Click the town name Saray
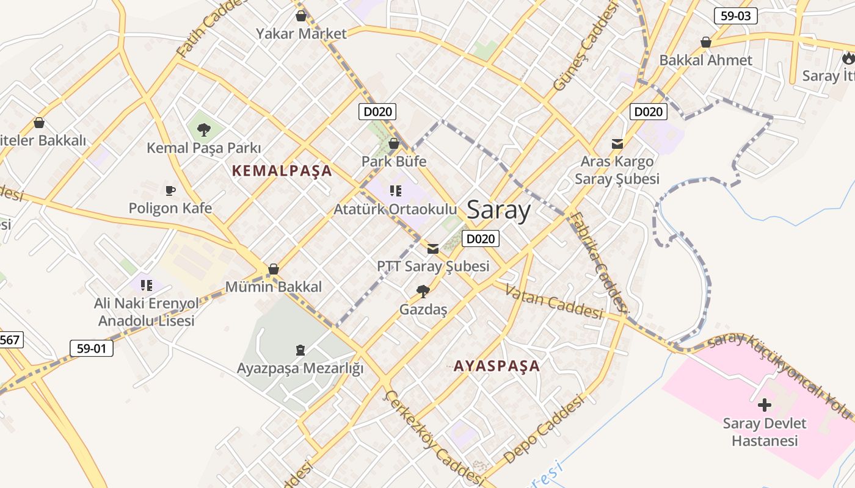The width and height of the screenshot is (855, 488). pos(498,210)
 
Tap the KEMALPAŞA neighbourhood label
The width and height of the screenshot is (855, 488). pos(282,171)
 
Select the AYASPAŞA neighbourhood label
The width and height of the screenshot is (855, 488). pos(497,366)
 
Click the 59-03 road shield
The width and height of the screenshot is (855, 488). pos(735,16)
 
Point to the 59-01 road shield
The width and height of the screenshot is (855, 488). pos(92,348)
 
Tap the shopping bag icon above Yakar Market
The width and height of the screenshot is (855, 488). pos(300,16)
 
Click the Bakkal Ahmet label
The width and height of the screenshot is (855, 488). pos(706,60)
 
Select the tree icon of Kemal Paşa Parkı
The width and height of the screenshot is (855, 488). pos(204,129)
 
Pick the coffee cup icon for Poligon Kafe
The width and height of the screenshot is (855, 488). pos(170,190)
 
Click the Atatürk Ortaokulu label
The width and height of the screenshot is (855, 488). pos(395,209)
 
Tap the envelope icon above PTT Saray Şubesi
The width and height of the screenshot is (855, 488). pos(433,248)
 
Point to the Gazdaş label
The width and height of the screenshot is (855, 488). pos(423,309)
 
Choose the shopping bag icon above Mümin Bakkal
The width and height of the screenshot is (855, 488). pos(274,269)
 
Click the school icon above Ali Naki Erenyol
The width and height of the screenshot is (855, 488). pos(146,285)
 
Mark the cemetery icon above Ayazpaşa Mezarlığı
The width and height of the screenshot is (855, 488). pos(300,350)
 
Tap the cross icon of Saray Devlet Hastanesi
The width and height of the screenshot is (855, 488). pos(764,405)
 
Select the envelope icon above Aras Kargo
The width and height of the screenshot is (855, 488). pos(617,144)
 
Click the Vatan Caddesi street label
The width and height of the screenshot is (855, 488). pos(554,301)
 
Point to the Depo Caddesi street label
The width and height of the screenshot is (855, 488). pos(544,430)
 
